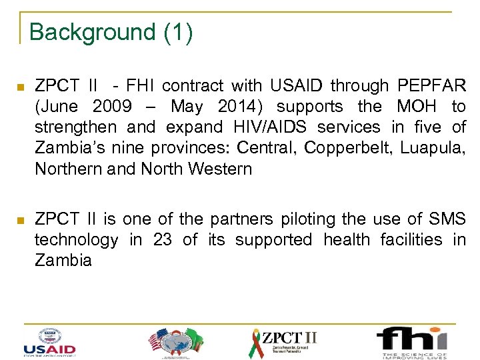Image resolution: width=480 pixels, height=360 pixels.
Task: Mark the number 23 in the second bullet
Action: point(162,239)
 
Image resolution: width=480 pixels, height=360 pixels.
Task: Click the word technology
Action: point(77,239)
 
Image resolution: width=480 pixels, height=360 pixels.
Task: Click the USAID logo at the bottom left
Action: point(49,341)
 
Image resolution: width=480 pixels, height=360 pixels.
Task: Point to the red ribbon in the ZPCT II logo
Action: point(256,343)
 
